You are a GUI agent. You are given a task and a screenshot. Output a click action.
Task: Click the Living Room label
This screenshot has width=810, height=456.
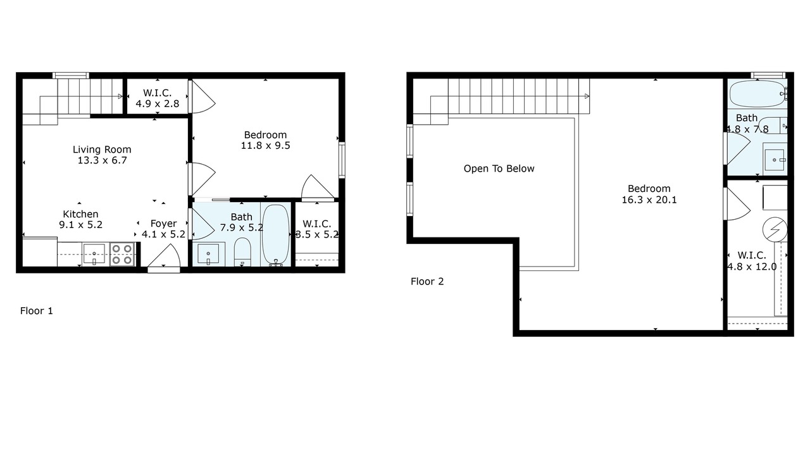click(102, 149)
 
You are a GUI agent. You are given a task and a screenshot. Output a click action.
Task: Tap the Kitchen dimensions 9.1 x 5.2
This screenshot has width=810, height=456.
click(80, 225)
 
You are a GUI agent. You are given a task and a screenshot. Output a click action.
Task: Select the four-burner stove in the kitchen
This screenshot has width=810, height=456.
click(121, 255)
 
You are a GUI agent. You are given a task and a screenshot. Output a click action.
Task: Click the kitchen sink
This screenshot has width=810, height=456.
click(94, 254)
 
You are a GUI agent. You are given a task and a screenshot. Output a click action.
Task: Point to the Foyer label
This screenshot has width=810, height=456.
click(163, 224)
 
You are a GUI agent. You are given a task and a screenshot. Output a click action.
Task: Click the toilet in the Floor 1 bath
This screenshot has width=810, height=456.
click(242, 251)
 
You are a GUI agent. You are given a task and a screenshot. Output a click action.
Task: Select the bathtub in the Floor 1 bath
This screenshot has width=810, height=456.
click(276, 235)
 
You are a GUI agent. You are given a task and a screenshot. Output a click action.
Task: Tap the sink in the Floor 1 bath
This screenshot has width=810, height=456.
click(208, 254)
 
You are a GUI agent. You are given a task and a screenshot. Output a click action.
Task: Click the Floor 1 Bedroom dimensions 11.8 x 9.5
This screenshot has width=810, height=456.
click(265, 146)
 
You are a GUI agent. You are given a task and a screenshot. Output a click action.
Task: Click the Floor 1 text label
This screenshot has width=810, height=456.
click(37, 311)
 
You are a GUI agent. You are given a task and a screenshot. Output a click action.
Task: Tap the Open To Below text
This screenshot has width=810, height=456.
click(499, 168)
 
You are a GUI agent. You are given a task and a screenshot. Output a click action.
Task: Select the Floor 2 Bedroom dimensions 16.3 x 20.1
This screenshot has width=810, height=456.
click(649, 199)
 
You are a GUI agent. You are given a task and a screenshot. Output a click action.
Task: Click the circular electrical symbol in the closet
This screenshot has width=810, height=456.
click(775, 229)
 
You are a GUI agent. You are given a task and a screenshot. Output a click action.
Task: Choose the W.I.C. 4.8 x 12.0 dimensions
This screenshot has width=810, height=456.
click(752, 267)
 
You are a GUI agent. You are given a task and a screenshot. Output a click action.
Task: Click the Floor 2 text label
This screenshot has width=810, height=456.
click(427, 282)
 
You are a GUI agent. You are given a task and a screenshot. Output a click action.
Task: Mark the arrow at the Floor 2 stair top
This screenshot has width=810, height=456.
click(587, 96)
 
